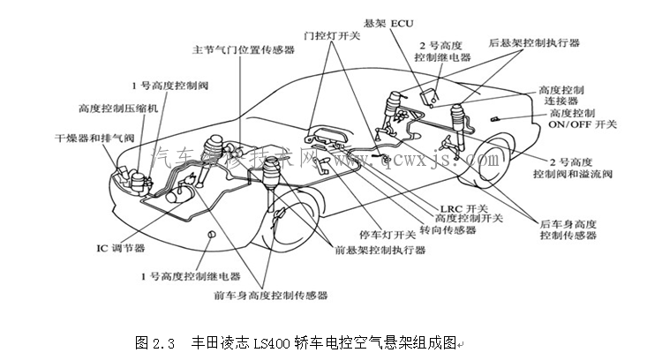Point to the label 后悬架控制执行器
(x=533, y=42)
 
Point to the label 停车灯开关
(x=387, y=236)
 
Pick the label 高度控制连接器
(x=568, y=95)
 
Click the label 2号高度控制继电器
(x=444, y=50)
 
